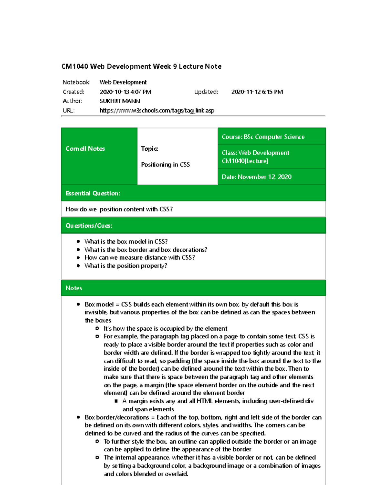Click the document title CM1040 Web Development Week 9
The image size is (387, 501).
(x=141, y=66)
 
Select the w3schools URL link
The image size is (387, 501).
(x=157, y=110)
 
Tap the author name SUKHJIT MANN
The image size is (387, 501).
(x=120, y=101)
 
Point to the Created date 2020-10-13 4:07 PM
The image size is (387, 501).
(x=125, y=92)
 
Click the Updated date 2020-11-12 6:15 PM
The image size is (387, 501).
(x=257, y=92)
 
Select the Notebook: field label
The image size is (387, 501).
(x=76, y=82)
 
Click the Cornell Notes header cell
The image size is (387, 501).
(x=85, y=149)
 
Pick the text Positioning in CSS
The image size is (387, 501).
(x=165, y=165)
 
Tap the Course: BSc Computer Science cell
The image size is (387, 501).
(x=263, y=137)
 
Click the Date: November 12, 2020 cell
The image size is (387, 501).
(x=257, y=177)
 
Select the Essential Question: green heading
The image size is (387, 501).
(x=93, y=193)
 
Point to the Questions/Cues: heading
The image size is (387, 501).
(x=89, y=225)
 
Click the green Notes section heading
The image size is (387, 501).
(x=74, y=288)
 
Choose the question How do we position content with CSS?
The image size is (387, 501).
(x=119, y=209)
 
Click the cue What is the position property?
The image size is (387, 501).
(x=126, y=266)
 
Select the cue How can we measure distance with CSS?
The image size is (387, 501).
(x=140, y=257)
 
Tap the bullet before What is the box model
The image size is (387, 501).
(x=78, y=241)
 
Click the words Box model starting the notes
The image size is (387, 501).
(x=99, y=304)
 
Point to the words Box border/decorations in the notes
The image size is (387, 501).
(x=117, y=417)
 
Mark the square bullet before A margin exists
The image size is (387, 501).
(x=116, y=401)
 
